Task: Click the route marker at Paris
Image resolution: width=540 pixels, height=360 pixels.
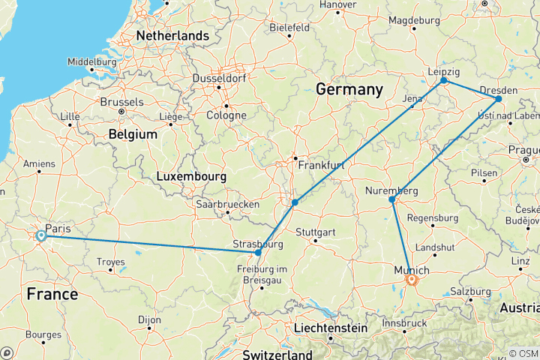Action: coord(41,236)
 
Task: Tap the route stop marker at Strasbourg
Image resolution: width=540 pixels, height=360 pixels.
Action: coord(258,253)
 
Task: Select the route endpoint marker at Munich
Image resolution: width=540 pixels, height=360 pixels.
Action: coord(411,280)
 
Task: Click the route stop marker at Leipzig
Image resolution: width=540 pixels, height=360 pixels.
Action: coord(443,80)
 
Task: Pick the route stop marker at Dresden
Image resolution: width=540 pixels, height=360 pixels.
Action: coord(499,98)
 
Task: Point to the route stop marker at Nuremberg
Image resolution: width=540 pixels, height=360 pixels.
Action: coord(391,199)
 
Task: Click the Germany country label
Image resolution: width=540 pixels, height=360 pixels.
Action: coord(349,90)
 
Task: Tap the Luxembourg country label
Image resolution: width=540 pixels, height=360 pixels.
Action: coord(192,176)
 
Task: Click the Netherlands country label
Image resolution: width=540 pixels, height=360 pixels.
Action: coord(172,35)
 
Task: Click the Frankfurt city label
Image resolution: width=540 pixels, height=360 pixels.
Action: coord(321,164)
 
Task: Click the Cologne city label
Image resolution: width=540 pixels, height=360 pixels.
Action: coord(226,115)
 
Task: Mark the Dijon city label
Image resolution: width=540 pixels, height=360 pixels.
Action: coord(149,319)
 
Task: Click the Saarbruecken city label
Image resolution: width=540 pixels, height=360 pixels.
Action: coord(227,204)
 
